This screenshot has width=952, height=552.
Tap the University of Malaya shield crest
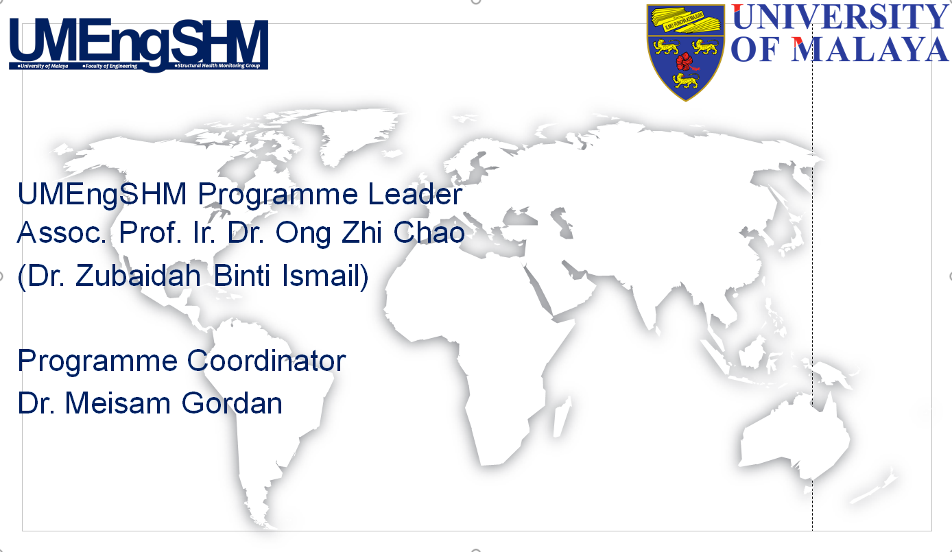coord(685,51)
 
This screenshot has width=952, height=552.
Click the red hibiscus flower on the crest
coord(685,62)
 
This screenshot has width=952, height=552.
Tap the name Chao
coord(429,233)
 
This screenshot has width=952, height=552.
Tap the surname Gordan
coord(232,403)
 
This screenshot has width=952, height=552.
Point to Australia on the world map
coord(796,439)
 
